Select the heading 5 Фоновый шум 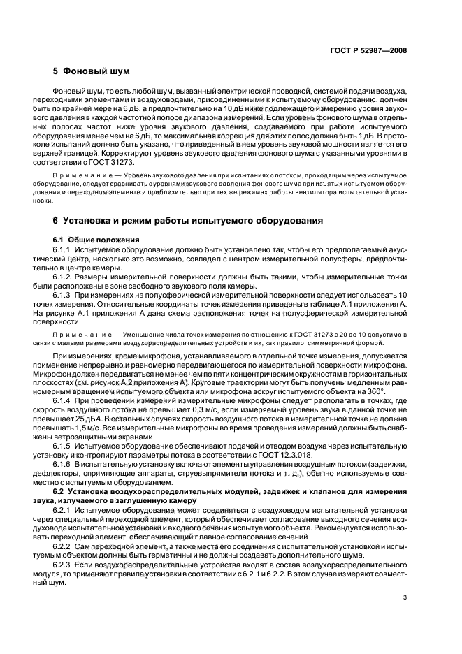[92, 71]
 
